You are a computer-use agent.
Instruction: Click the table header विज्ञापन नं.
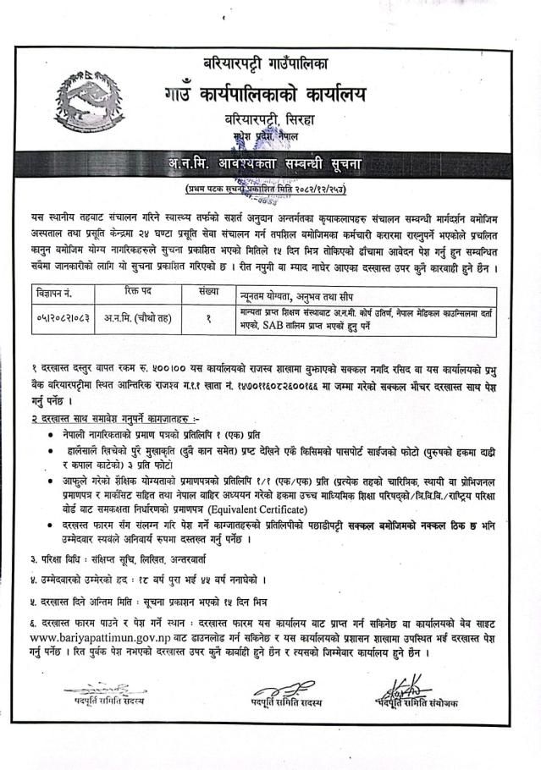pos(56,294)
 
